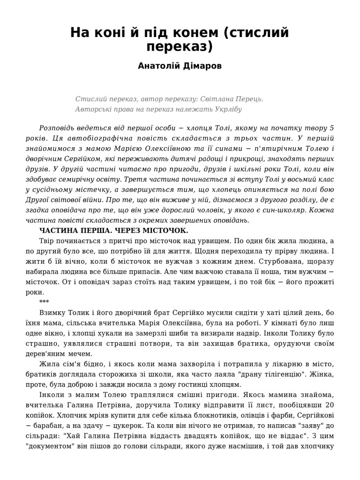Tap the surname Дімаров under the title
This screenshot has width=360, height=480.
pyautogui.click(x=202, y=66)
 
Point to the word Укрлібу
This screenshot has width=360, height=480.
pyautogui.click(x=226, y=109)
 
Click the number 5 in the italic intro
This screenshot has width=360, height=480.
pyautogui.click(x=332, y=128)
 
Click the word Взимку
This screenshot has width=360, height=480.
pyautogui.click(x=52, y=313)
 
